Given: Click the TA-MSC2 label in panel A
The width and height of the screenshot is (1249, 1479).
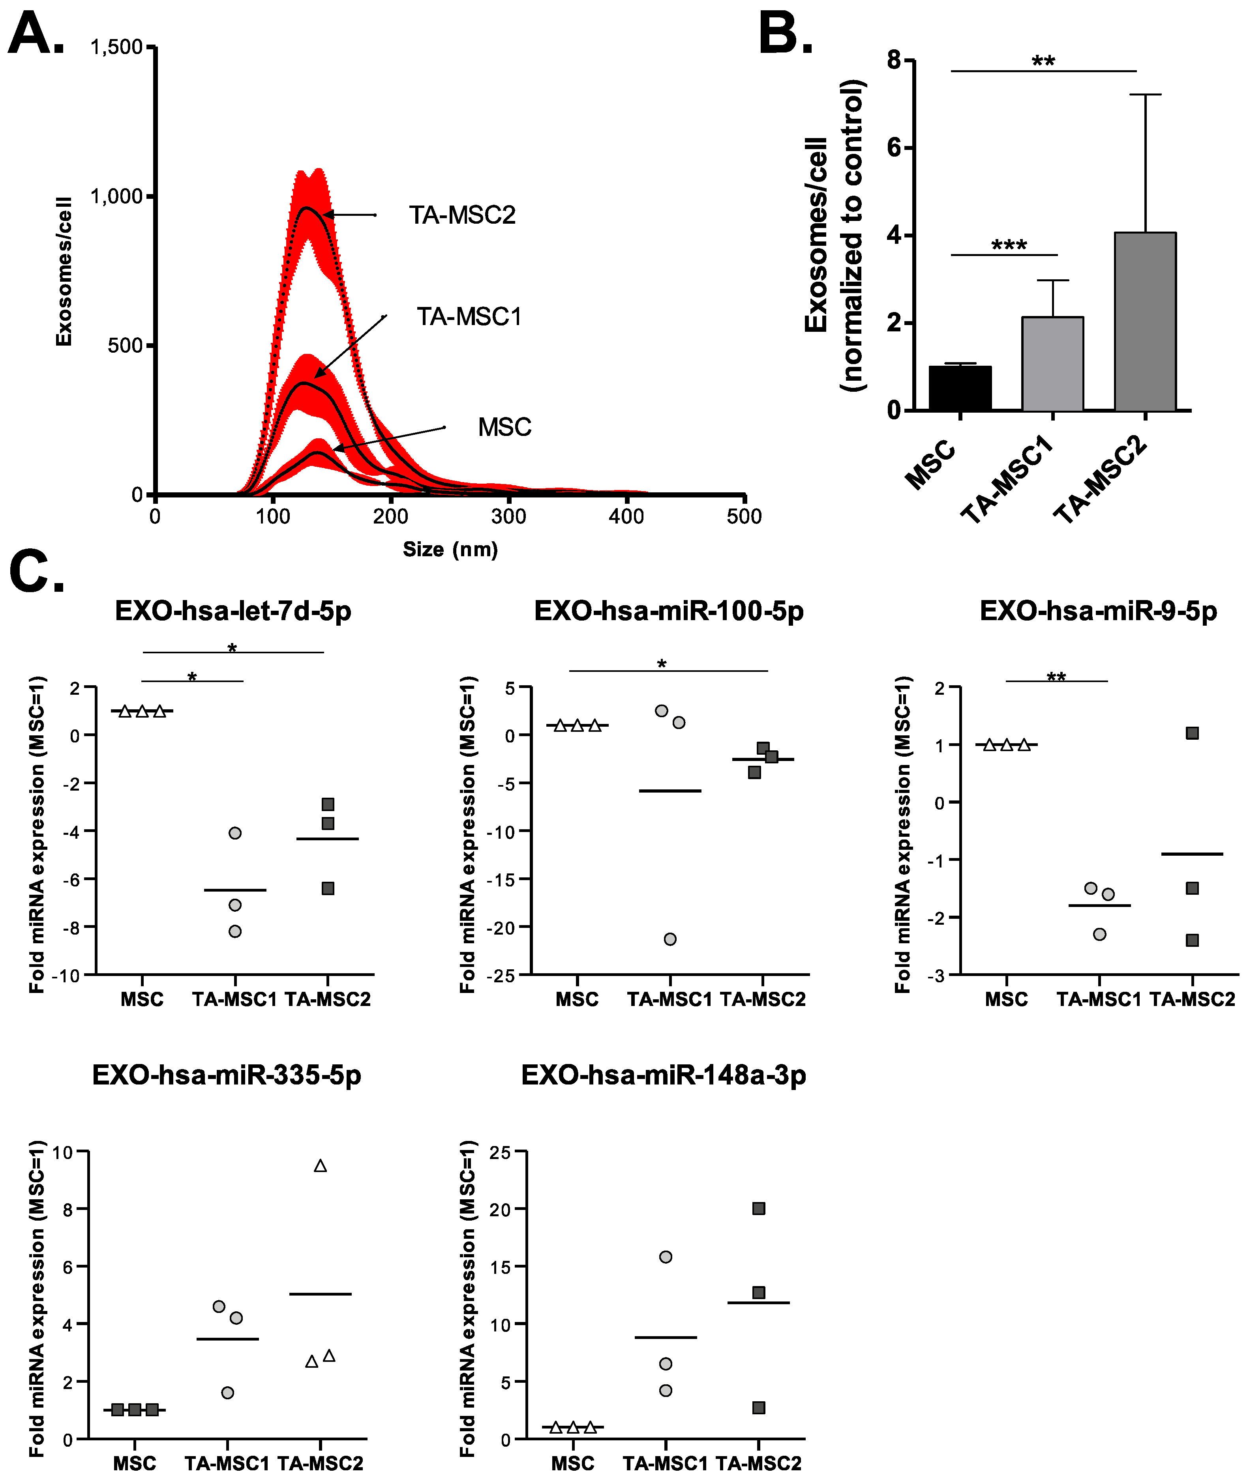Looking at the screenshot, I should (x=462, y=215).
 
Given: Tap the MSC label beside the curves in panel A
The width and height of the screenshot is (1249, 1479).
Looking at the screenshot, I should (x=504, y=427).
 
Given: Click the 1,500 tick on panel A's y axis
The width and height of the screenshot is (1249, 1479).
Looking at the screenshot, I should (x=117, y=47).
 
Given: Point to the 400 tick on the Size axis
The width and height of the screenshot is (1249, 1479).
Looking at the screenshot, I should (x=626, y=516).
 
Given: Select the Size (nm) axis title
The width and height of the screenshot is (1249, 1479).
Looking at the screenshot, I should (x=450, y=550).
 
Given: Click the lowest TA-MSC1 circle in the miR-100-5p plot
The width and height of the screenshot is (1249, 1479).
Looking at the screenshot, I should (x=670, y=939).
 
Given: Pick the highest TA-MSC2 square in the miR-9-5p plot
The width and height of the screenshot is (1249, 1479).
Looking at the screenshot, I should (x=1193, y=733).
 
